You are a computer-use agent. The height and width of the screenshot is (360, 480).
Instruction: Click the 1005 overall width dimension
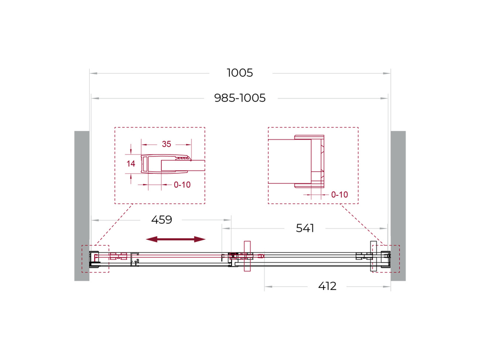240,73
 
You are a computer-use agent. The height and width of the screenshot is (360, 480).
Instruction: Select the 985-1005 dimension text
240,98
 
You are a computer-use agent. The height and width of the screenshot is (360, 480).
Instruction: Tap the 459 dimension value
161,220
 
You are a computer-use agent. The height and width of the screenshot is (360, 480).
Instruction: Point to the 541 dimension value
305,228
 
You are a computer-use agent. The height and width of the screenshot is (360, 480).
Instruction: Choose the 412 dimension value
327,287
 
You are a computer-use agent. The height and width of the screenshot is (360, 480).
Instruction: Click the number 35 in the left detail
166,144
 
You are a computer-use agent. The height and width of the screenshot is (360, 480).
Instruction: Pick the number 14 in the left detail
131,164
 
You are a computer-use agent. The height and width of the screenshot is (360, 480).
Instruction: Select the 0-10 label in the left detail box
182,184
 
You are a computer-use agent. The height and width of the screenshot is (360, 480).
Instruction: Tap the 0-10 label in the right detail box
339,195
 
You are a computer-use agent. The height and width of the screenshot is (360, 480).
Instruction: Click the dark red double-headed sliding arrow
176,239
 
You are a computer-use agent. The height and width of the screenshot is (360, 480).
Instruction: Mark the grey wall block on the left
82,205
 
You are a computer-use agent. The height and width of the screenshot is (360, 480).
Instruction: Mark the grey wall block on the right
398,205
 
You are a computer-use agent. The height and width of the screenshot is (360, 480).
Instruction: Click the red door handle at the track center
247,256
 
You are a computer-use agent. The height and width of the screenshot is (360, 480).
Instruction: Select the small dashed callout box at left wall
95,259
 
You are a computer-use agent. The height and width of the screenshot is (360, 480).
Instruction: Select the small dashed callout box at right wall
385,259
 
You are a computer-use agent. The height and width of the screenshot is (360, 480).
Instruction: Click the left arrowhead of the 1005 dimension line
94,73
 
